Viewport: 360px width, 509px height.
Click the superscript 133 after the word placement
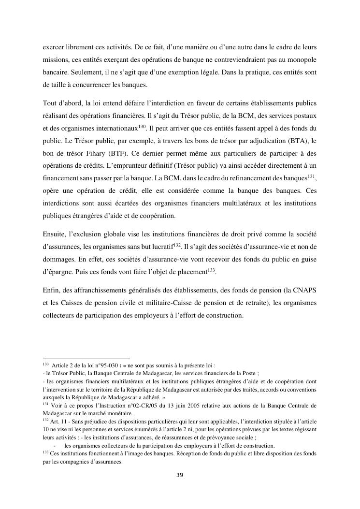tap(211, 270)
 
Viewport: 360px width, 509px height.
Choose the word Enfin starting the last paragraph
tap(51, 290)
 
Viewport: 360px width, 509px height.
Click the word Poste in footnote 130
tap(248, 373)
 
